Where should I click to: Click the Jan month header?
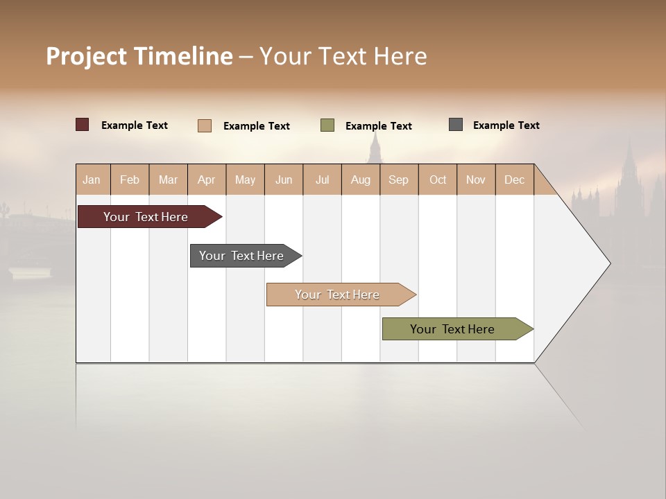point(92,180)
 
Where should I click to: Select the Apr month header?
point(207,180)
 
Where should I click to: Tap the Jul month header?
point(322,180)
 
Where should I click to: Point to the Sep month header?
point(398,180)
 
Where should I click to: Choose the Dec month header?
point(514,180)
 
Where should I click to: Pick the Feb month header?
point(130,180)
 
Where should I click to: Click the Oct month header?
point(438,180)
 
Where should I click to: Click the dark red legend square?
point(83,125)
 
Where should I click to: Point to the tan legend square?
point(205,125)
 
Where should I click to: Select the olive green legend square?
point(327,125)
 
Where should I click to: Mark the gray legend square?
point(456,125)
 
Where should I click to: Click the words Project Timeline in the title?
point(139,56)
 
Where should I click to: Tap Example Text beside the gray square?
point(506,125)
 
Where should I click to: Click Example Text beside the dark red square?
point(135,125)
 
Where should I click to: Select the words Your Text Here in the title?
point(343,56)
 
